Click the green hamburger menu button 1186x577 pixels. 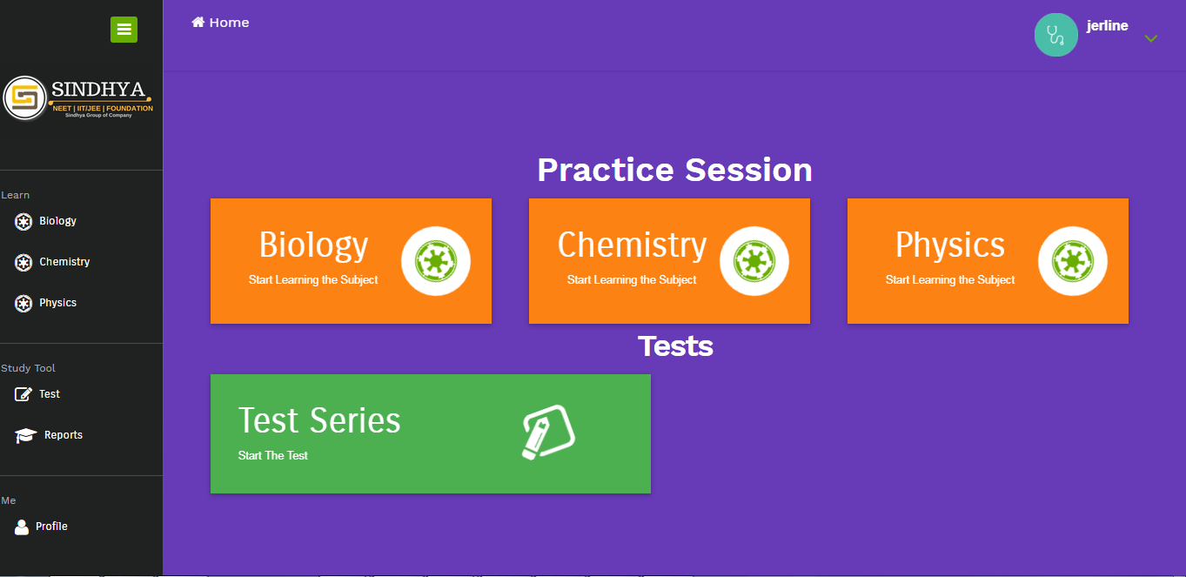(124, 29)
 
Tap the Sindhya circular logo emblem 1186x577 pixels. (25, 98)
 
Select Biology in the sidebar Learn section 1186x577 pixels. (57, 221)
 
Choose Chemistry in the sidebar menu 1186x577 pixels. (64, 261)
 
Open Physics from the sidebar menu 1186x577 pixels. (57, 302)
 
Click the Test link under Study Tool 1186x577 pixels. (50, 394)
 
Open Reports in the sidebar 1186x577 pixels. (64, 434)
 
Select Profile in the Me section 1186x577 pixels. (51, 527)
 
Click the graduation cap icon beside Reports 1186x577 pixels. (25, 435)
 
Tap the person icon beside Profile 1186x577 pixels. (22, 527)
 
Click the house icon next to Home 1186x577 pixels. (198, 22)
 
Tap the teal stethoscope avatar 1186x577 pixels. (1055, 35)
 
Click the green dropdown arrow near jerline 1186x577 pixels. (1151, 38)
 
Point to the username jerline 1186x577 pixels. (1107, 25)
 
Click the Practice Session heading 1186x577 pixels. (674, 170)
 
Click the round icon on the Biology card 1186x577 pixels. (436, 261)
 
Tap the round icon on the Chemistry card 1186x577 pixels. (754, 261)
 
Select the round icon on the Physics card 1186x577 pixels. (1072, 261)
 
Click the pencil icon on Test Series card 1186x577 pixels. (548, 433)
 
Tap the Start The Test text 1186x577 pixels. (272, 455)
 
